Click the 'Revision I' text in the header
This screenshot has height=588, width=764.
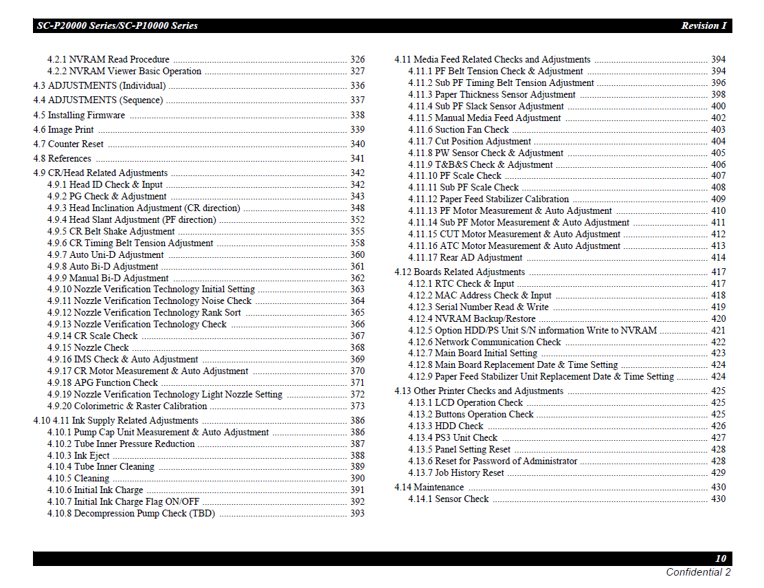[x=704, y=26]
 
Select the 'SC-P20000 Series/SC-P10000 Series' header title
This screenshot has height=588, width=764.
[x=117, y=26]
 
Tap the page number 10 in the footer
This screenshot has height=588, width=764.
[x=720, y=559]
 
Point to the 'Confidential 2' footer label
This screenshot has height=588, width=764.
[x=698, y=572]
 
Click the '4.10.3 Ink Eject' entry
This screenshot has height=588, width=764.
[x=78, y=456]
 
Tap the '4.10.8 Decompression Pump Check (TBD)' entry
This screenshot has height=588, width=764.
[x=131, y=514]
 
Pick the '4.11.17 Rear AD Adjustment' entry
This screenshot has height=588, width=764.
[x=465, y=258]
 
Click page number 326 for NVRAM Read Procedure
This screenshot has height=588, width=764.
[x=357, y=60]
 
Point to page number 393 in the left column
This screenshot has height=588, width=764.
[x=357, y=514]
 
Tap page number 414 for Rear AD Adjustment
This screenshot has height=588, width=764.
[x=718, y=258]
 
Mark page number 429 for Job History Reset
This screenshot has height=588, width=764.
[x=718, y=473]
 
